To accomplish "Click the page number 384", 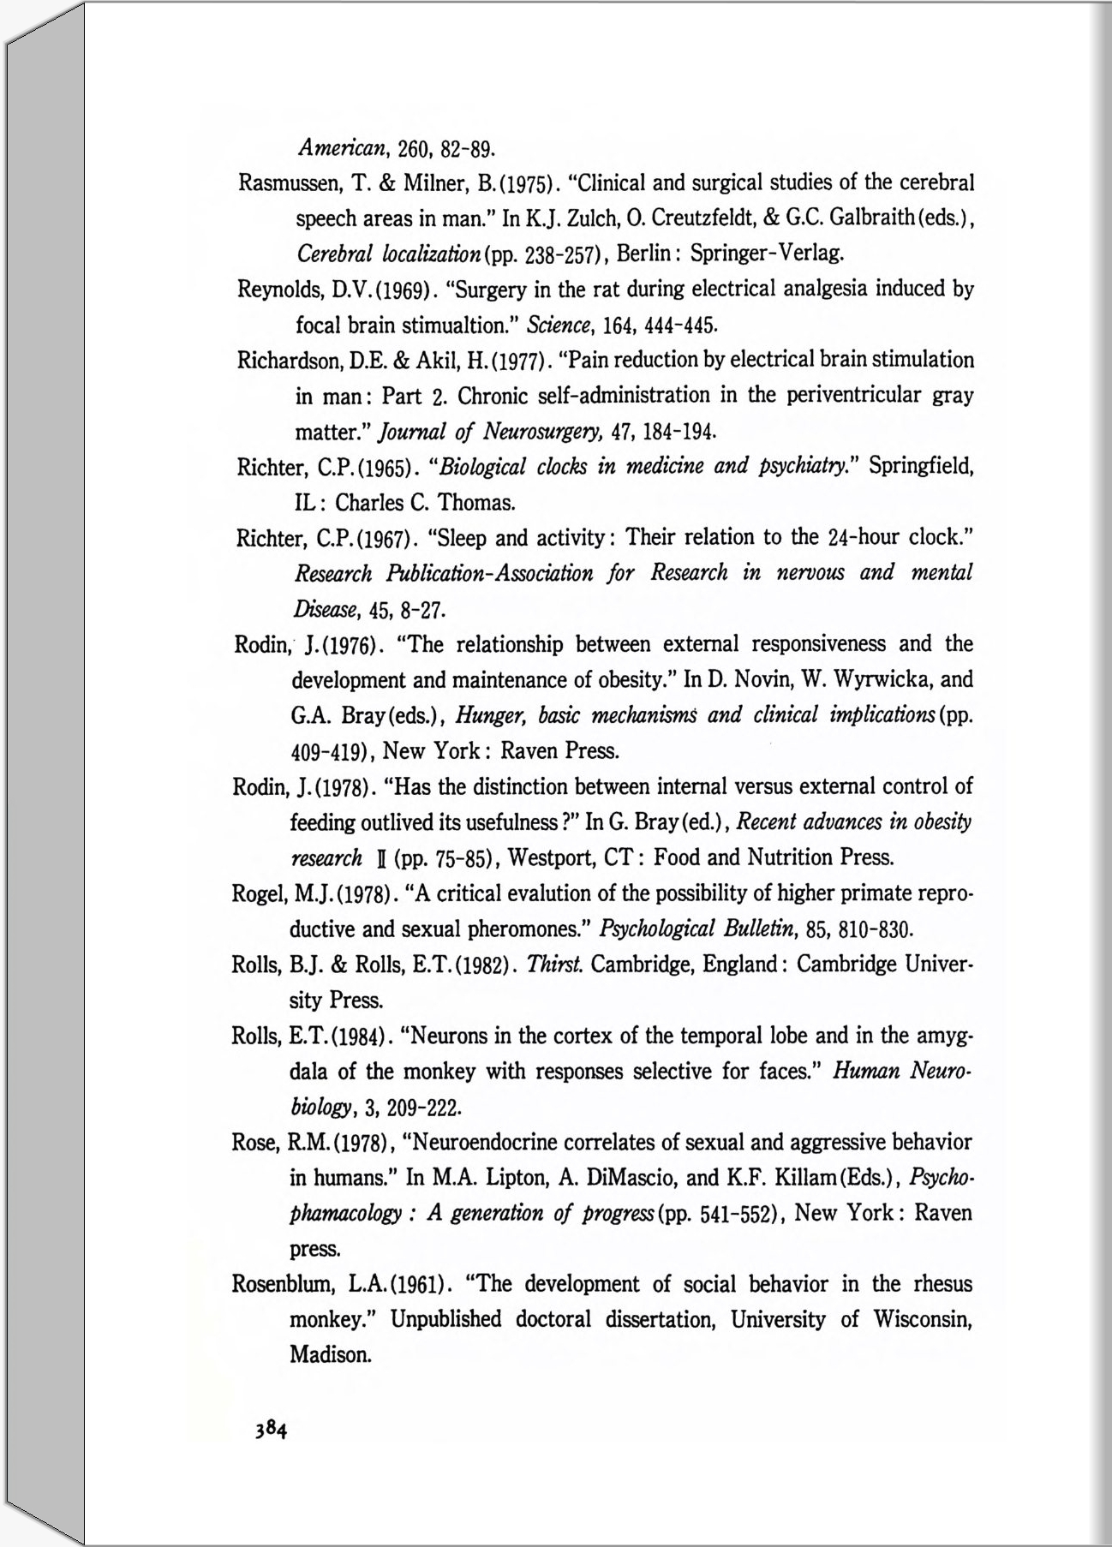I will pyautogui.click(x=268, y=1428).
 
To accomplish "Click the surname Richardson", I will pyautogui.click(x=283, y=361).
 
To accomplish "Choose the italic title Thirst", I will pyautogui.click(x=556, y=965).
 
